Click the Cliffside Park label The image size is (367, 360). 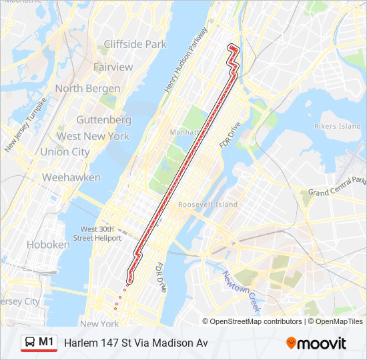135,45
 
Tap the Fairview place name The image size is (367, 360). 113,67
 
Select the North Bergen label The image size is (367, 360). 87,88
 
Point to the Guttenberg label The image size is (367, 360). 103,120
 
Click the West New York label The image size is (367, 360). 93,136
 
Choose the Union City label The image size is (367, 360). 65,151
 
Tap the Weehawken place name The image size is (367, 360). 71,177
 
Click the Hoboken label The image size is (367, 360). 48,245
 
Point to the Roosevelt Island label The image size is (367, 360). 208,205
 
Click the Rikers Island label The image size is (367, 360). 337,126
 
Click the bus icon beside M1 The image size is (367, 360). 30,342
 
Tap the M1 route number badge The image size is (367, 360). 47,342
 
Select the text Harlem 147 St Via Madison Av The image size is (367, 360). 136,343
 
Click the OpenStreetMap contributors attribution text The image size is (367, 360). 256,321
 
